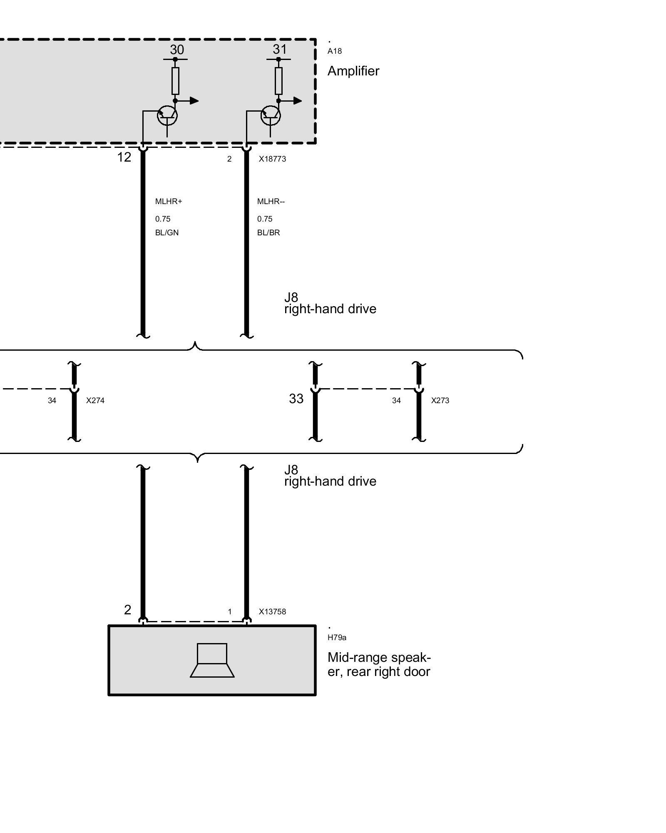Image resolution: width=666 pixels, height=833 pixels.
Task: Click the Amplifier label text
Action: pos(353,71)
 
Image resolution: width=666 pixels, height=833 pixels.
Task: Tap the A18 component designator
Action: pos(334,51)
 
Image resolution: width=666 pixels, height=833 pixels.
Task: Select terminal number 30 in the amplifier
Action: pos(176,50)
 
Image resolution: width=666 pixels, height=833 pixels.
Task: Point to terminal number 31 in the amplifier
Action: pos(280,50)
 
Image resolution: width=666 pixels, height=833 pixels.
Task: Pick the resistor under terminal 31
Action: pos(278,81)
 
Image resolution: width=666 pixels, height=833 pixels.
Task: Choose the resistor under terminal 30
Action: pos(175,81)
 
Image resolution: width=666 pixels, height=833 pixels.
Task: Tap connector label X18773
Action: pos(272,159)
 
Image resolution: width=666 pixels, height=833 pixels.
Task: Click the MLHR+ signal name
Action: pos(169,202)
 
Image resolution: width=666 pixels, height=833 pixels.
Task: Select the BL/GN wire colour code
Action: pos(166,233)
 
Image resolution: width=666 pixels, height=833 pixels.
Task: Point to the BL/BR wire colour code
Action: pos(268,233)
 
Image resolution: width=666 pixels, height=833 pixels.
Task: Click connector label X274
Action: pos(95,401)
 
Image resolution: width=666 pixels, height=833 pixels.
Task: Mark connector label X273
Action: pos(440,401)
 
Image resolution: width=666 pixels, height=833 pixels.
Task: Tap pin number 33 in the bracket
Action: pos(296,399)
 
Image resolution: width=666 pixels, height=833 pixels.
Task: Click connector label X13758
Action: pos(272,612)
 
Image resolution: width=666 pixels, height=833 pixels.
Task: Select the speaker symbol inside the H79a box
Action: pos(212,660)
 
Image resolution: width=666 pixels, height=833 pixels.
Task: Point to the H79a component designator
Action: pos(337,638)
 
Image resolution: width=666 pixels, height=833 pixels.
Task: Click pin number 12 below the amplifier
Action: pos(124,157)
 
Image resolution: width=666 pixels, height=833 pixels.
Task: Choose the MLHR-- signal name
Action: pos(271,202)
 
